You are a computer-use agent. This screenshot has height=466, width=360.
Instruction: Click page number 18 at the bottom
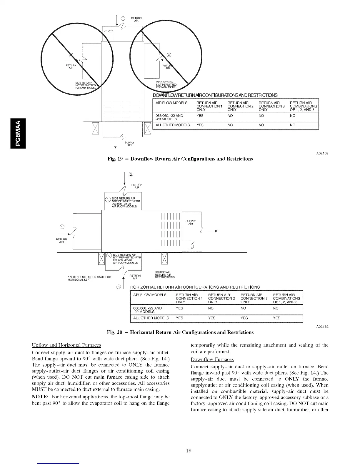(x=189, y=450)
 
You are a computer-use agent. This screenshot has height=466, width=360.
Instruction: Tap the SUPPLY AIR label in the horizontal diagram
(x=190, y=222)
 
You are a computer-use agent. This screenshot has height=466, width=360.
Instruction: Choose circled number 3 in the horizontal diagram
(x=119, y=287)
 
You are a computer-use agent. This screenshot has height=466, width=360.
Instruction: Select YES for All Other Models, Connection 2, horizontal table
(x=212, y=318)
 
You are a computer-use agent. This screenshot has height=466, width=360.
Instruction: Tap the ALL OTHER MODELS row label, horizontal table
(x=151, y=318)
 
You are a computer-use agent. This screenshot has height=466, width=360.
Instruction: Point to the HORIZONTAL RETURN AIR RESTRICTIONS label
(x=164, y=274)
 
